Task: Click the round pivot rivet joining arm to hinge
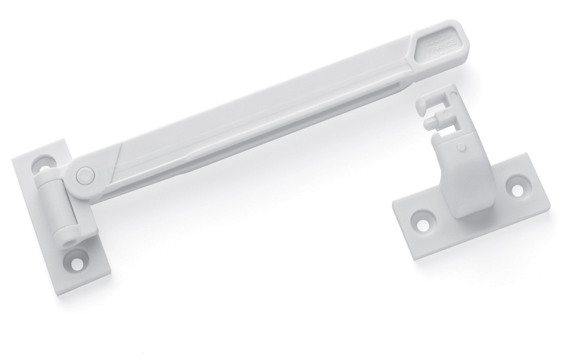[83, 175]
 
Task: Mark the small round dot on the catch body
[460, 147]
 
